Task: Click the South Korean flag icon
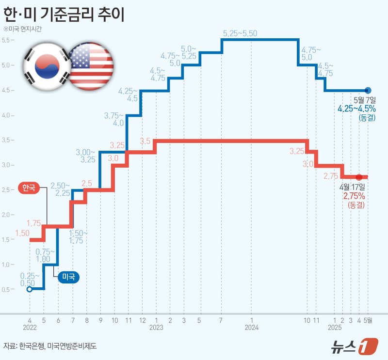point(43,66)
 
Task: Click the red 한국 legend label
point(29,188)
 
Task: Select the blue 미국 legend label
point(68,277)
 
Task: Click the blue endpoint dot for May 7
point(368,90)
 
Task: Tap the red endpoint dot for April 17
point(359,177)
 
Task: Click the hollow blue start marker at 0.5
point(30,289)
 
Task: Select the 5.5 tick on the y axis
point(8,40)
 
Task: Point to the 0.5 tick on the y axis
point(8,290)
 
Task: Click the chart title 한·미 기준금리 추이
point(64,14)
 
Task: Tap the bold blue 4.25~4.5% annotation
point(357,109)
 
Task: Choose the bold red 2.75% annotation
point(354,196)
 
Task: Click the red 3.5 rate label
point(145,141)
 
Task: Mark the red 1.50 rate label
point(22,233)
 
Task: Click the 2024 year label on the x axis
point(252,328)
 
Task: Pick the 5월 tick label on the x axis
point(368,320)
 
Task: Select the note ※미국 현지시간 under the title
point(22,29)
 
